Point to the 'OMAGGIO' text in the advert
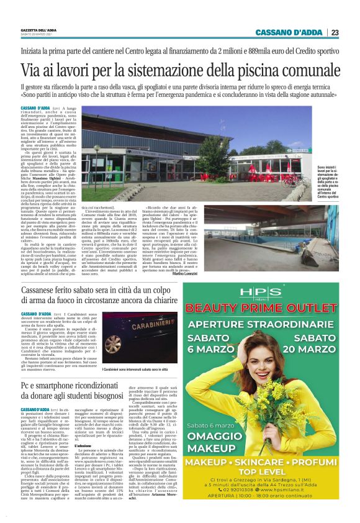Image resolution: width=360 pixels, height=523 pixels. [207, 432]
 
